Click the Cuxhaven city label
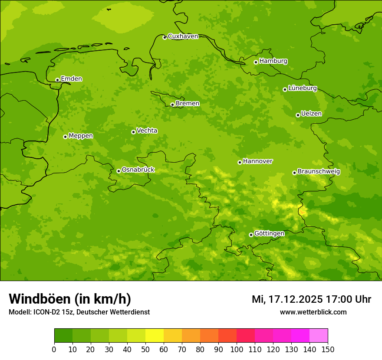click(x=183, y=36)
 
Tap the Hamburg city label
click(x=273, y=61)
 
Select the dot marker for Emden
click(x=57, y=80)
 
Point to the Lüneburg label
click(x=302, y=88)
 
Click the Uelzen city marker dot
click(x=298, y=115)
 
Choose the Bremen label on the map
click(x=187, y=104)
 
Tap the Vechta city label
click(x=147, y=131)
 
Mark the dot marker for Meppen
click(x=65, y=137)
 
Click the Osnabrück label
click(x=138, y=170)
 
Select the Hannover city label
click(x=257, y=161)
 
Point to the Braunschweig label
click(x=319, y=172)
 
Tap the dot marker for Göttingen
click(x=251, y=235)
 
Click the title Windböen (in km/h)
click(x=70, y=299)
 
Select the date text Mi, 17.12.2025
click(x=287, y=299)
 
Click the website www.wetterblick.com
click(x=313, y=312)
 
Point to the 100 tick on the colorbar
click(x=237, y=349)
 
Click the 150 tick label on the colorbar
click(x=327, y=349)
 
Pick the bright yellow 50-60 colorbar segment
click(x=155, y=335)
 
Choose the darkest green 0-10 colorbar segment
click(x=63, y=335)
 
